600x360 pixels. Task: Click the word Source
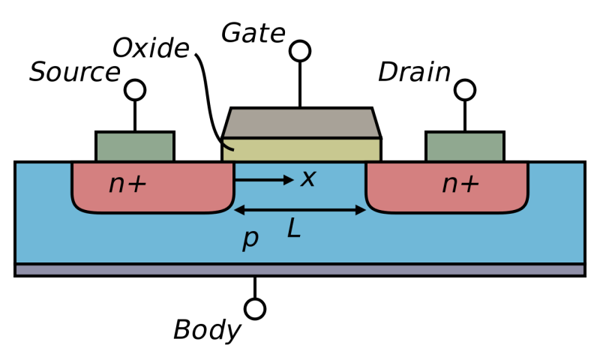pyautogui.click(x=74, y=73)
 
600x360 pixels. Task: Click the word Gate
pyautogui.click(x=253, y=34)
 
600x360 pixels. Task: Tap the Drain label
pyautogui.click(x=414, y=73)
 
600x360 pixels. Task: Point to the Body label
pyautogui.click(x=207, y=329)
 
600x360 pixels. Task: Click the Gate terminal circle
pyautogui.click(x=300, y=51)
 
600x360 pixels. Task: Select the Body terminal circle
pyautogui.click(x=255, y=308)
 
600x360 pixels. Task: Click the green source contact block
pyautogui.click(x=135, y=146)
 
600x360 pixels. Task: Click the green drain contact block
pyautogui.click(x=465, y=146)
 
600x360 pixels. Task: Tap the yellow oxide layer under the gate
pyautogui.click(x=301, y=149)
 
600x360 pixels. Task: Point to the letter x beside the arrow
pyautogui.click(x=307, y=178)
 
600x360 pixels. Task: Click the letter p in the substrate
pyautogui.click(x=250, y=238)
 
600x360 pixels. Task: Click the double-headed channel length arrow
pyautogui.click(x=300, y=211)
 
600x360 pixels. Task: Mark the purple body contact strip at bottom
pyautogui.click(x=300, y=270)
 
